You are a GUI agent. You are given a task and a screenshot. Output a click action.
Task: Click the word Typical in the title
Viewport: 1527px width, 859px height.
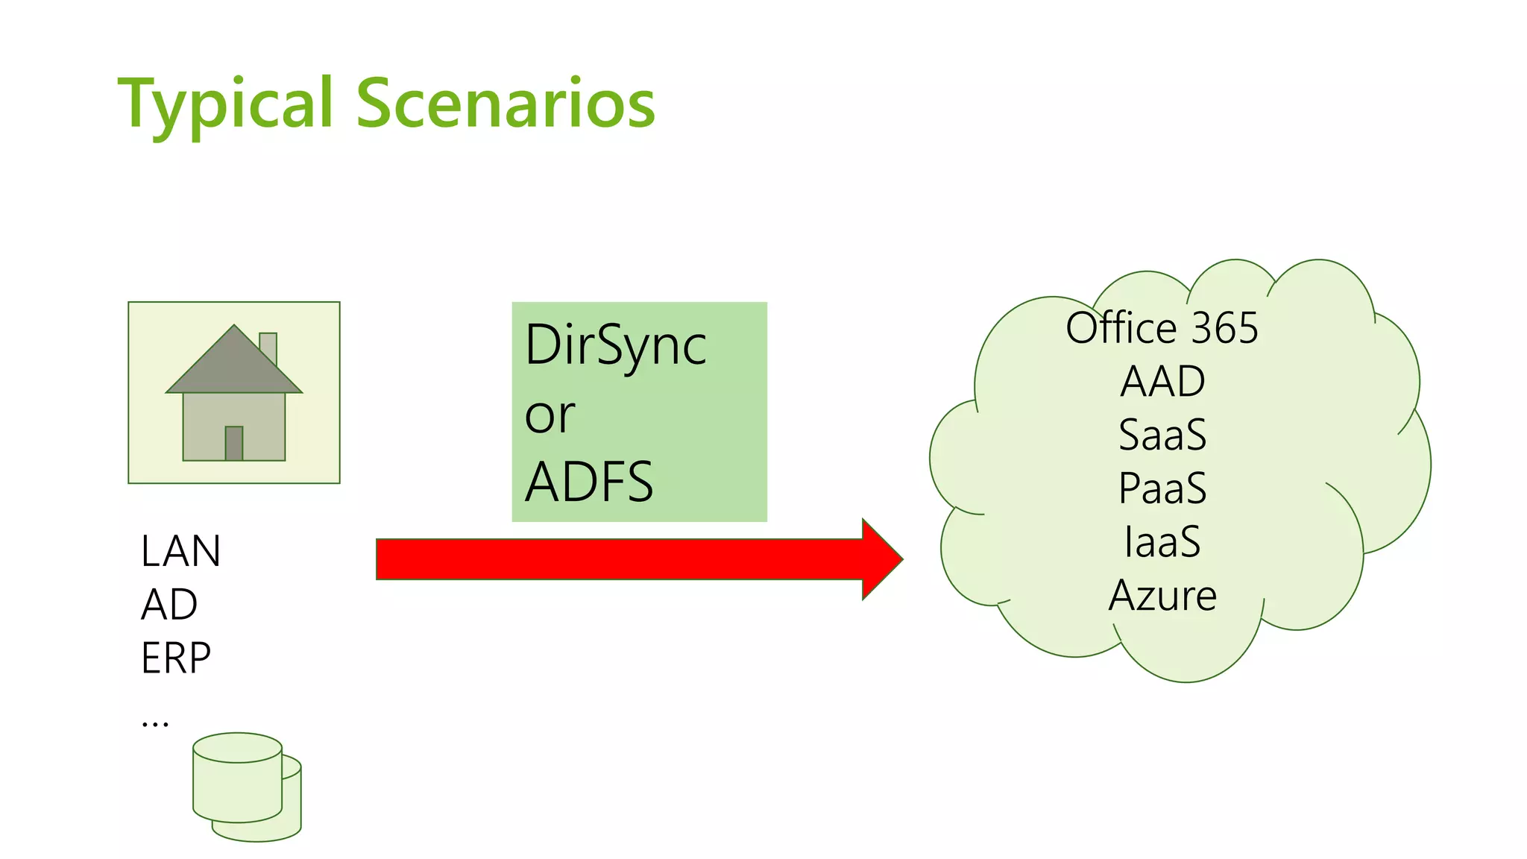tap(224, 104)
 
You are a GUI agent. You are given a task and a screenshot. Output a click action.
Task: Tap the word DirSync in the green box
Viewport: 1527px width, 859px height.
tap(615, 346)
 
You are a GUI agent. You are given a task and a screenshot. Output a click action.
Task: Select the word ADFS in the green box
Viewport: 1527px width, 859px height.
tap(589, 482)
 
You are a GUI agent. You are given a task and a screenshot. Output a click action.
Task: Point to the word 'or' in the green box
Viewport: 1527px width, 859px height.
tap(550, 415)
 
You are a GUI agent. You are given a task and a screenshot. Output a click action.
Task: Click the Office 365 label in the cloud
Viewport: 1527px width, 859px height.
tap(1162, 328)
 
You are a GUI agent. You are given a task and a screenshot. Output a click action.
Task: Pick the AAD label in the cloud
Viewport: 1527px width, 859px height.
tap(1162, 382)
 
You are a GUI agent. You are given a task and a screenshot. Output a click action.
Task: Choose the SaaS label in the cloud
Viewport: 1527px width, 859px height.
tap(1162, 435)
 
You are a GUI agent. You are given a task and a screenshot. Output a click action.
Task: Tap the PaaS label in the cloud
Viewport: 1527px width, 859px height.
tap(1162, 488)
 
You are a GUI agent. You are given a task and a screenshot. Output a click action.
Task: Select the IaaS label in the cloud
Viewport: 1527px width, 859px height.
tap(1162, 542)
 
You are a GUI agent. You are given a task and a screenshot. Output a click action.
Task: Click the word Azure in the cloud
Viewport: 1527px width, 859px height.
tap(1162, 596)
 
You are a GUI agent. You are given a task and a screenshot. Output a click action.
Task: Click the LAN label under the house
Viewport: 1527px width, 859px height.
tap(180, 552)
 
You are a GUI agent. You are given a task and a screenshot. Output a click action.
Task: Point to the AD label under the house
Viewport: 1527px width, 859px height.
tap(169, 605)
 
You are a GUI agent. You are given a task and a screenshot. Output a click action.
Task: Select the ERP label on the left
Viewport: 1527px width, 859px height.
tap(176, 658)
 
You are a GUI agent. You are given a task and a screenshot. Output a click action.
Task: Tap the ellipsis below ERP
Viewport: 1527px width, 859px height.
tap(155, 722)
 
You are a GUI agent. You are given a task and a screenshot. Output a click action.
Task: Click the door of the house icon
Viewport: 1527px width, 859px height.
tap(234, 443)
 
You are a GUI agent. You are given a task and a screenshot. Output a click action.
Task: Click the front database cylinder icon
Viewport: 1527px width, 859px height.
tap(237, 783)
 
